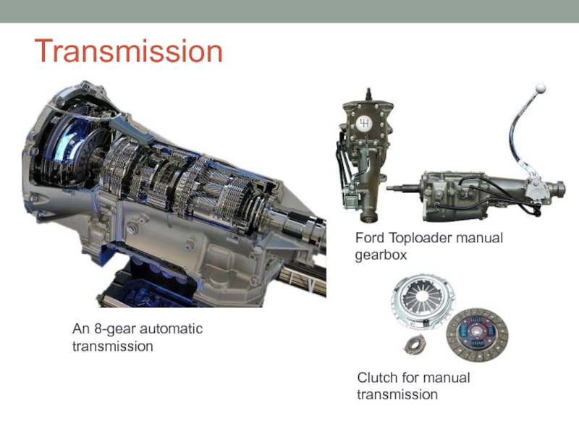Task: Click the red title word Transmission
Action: click(129, 51)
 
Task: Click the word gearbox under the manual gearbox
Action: click(381, 255)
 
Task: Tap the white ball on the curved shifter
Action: click(540, 88)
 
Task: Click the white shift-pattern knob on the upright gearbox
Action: click(364, 123)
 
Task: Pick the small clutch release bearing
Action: click(414, 345)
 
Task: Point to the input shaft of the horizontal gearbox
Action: click(404, 187)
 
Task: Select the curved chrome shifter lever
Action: click(519, 137)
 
